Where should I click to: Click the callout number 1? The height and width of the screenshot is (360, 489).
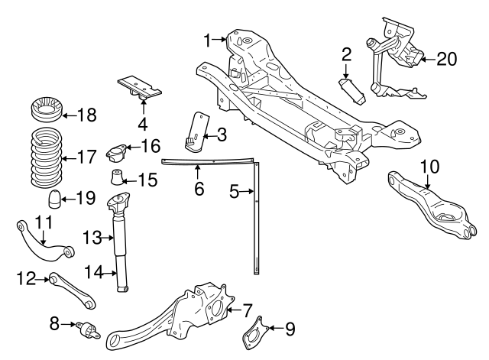point(207,37)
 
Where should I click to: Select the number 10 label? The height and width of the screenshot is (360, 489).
point(429,164)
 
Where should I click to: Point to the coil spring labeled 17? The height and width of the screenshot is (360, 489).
point(45,158)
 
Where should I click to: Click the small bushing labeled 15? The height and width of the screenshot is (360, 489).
point(118,179)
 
